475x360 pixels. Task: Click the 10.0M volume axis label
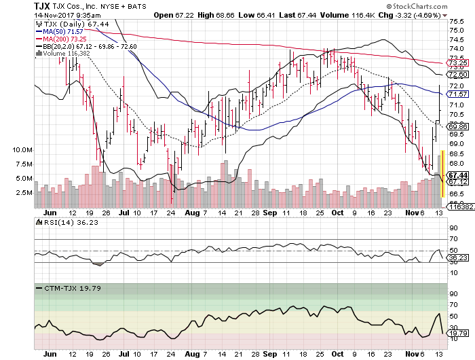click(22, 149)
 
